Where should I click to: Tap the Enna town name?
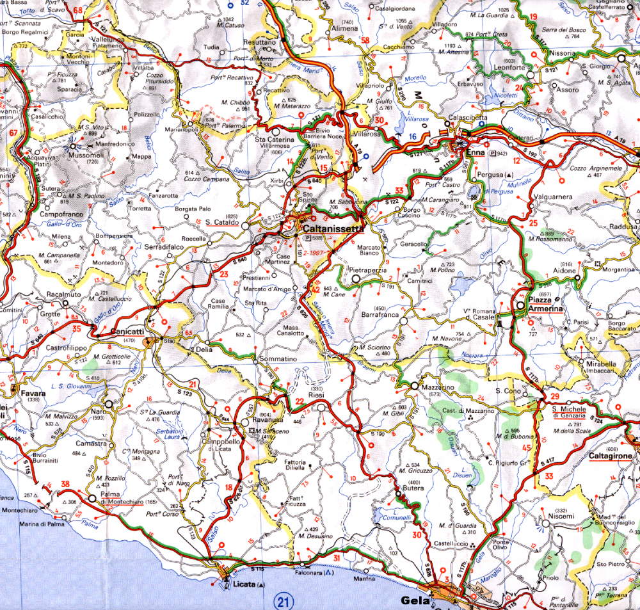[476, 154]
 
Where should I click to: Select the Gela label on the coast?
[413, 600]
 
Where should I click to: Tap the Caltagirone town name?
[611, 455]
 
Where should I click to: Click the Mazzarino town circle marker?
[415, 387]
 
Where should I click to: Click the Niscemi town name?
[560, 517]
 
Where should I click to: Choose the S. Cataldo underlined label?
[222, 222]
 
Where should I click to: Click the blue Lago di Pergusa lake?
[473, 191]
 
